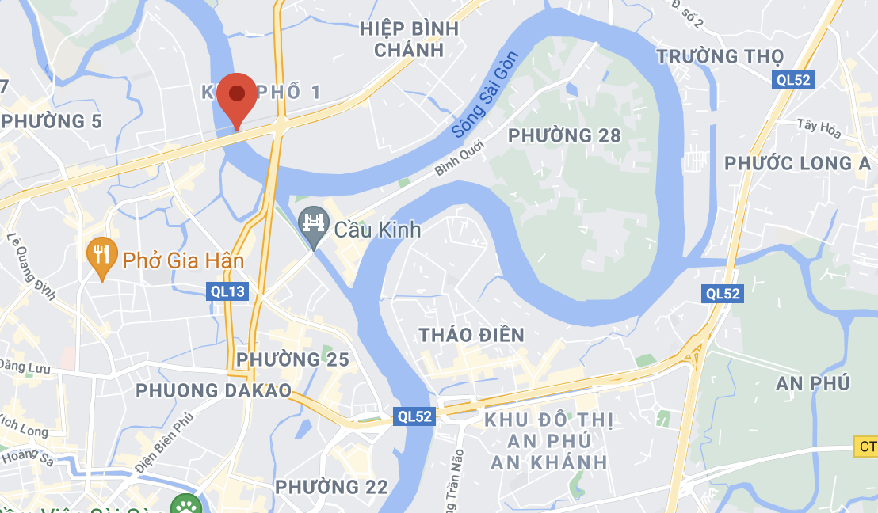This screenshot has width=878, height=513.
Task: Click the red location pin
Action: coord(237,96)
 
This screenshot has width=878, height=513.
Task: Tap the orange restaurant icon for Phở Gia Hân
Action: coord(101,255)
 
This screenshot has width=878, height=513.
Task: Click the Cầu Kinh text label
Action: coord(377,230)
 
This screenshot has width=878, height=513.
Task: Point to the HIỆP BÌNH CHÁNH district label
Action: coord(409,40)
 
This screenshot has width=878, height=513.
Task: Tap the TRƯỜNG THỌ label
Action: coord(720,56)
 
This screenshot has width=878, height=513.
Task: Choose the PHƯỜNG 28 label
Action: coord(564,135)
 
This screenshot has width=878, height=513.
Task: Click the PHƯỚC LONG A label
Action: coord(797,163)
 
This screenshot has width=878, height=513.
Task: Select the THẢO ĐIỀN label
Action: coord(472,335)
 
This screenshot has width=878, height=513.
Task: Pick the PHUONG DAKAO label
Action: coord(213,390)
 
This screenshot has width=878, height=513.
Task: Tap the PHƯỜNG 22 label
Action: coord(331,486)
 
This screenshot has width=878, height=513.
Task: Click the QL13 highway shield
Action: coord(228,291)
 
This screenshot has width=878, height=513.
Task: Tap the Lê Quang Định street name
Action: coord(32,265)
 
